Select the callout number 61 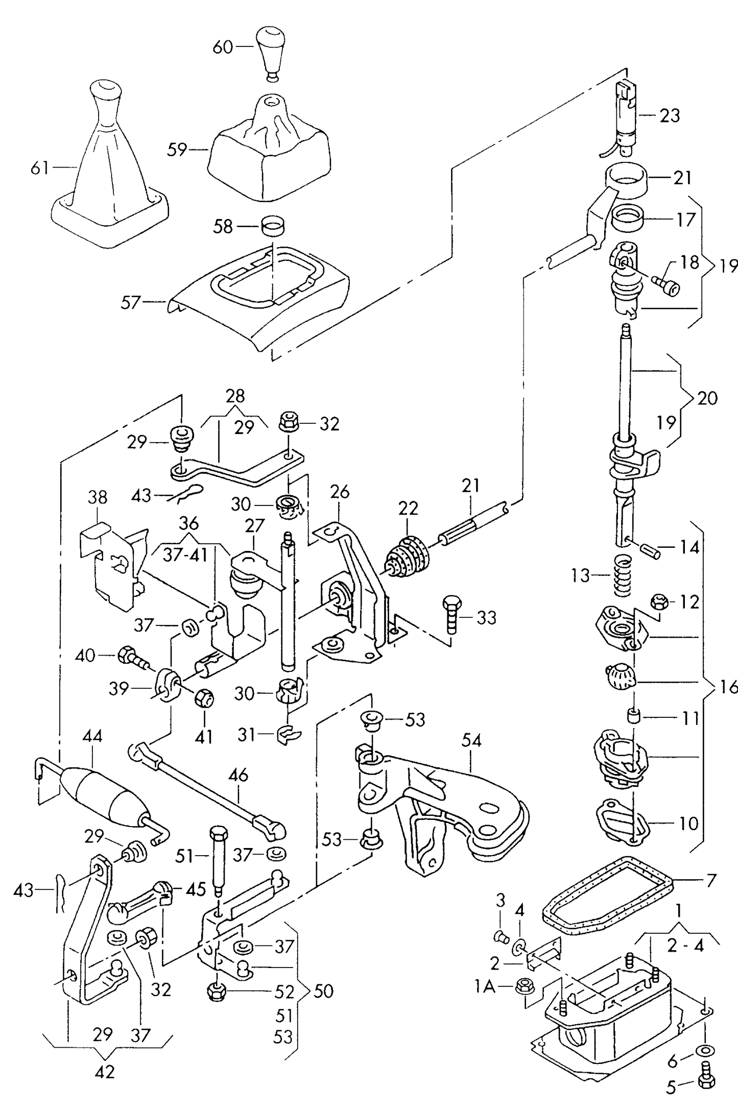coord(39,167)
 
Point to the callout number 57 coord(130,302)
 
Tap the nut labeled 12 coord(660,601)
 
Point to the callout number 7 coord(711,880)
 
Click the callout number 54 coord(471,740)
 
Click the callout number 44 coord(92,736)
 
